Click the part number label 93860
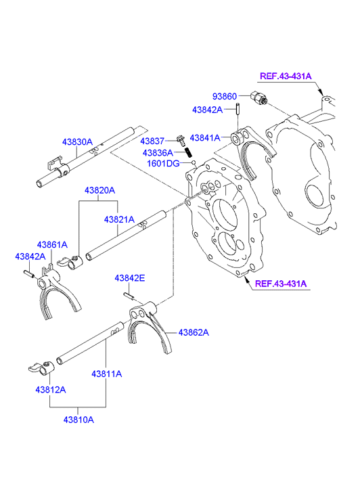[x=225, y=96]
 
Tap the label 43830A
[x=77, y=142]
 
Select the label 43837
[x=152, y=141]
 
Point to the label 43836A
[x=158, y=153]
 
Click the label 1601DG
[x=163, y=164]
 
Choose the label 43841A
[x=205, y=138]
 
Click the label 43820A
[x=99, y=190]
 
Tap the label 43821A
[x=119, y=220]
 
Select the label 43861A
[x=52, y=245]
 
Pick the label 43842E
[x=130, y=278]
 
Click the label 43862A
[x=194, y=332]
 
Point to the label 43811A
[x=107, y=374]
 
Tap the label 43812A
[x=51, y=390]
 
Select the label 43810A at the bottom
[x=78, y=420]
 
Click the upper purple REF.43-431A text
[x=286, y=76]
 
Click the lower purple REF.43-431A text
[x=281, y=284]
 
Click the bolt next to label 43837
[x=181, y=140]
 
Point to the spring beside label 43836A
[x=189, y=153]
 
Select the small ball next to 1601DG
[x=194, y=162]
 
